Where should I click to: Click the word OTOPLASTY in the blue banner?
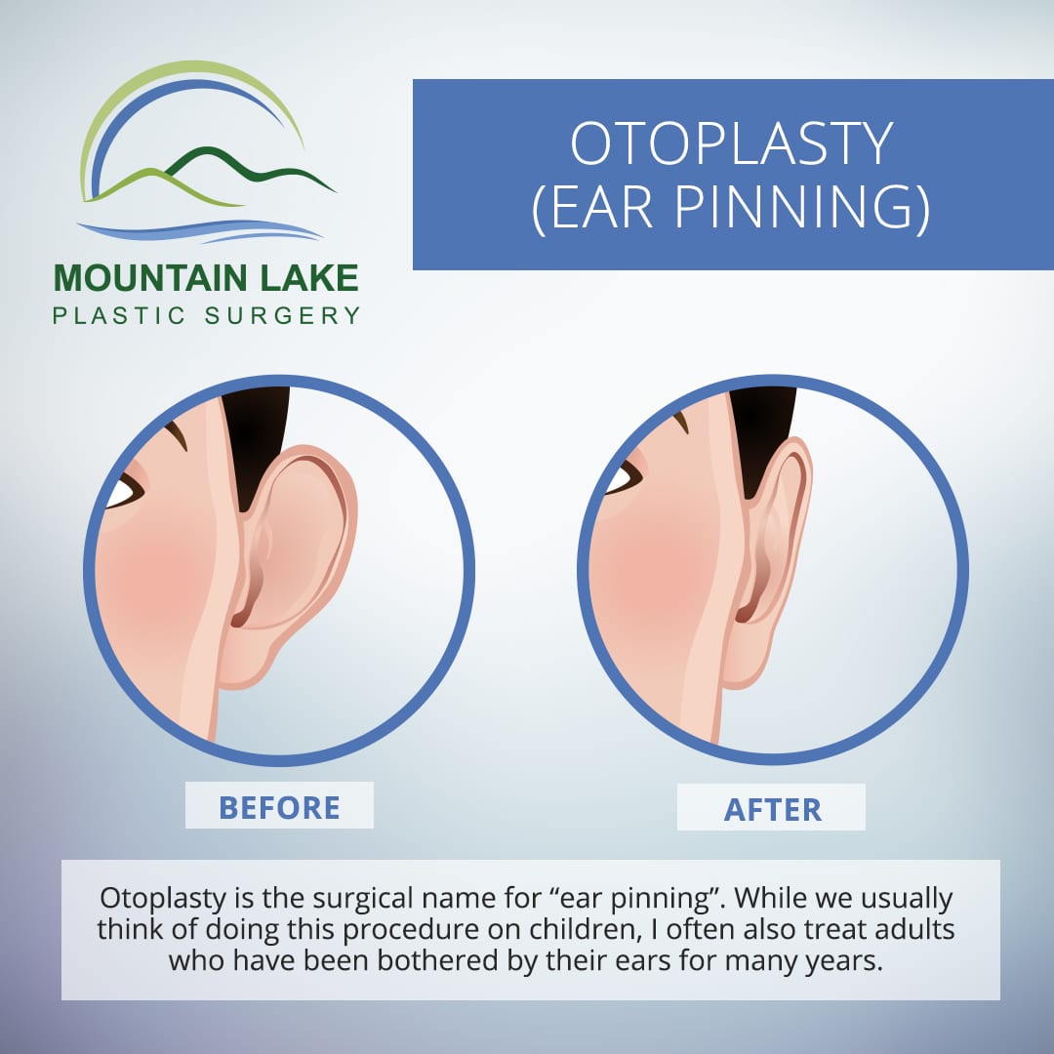pos(731,143)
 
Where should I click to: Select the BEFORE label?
pos(279,807)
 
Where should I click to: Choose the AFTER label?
pos(772,809)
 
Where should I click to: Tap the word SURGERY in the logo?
pos(283,315)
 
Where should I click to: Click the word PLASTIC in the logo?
pos(119,315)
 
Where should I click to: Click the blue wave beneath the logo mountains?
pos(202,230)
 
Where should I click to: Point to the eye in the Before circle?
pos(124,491)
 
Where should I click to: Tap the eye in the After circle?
pos(623,478)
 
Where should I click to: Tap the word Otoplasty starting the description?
pos(163,899)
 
